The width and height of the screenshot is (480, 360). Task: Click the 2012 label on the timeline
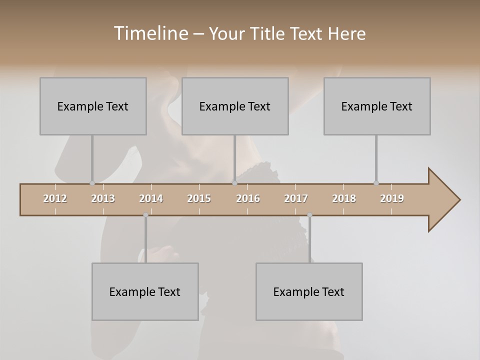point(55,198)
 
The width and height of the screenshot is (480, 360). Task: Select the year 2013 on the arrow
point(103,198)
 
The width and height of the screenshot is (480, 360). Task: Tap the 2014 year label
point(151,198)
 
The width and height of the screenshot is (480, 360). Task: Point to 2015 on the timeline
point(199,198)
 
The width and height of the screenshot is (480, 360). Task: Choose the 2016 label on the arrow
point(248,198)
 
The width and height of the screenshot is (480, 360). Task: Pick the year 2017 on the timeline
point(296,198)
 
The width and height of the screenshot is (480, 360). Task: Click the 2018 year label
point(344,198)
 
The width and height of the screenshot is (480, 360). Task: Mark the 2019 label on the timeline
point(392,198)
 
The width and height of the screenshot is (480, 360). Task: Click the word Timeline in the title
point(149,33)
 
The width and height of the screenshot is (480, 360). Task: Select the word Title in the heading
point(268,33)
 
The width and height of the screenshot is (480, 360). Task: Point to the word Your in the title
point(226,33)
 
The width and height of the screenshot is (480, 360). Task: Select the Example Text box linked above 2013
point(93,106)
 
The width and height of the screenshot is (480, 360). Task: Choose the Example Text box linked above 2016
point(235,106)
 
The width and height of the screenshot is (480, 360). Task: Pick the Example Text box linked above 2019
point(377,106)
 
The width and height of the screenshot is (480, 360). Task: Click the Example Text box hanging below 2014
point(145,291)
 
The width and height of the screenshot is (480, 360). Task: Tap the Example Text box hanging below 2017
point(309,291)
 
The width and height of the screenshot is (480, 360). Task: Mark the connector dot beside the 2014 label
point(145,215)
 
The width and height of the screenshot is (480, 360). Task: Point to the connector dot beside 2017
point(309,215)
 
